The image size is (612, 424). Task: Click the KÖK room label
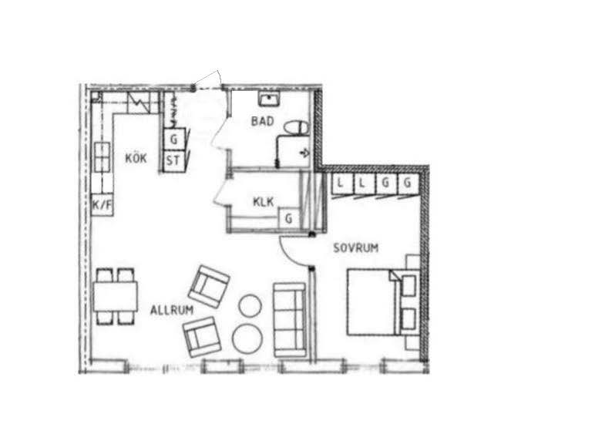(136, 158)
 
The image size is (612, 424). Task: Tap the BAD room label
(262, 121)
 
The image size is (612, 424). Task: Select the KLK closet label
(264, 202)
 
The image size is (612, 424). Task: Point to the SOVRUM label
(355, 247)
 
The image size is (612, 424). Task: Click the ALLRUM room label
(172, 310)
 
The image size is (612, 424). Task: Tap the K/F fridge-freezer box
(103, 204)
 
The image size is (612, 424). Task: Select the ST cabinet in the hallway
(173, 160)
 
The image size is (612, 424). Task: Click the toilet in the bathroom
(296, 128)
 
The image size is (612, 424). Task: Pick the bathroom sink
(268, 99)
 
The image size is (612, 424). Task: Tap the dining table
(115, 296)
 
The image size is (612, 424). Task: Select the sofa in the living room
(290, 320)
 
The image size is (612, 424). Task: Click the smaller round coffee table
(250, 305)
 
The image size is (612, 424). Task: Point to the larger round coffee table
(247, 338)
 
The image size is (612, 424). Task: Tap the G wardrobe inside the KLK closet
(289, 218)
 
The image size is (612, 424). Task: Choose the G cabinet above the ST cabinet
(173, 139)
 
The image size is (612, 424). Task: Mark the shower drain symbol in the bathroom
(304, 153)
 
